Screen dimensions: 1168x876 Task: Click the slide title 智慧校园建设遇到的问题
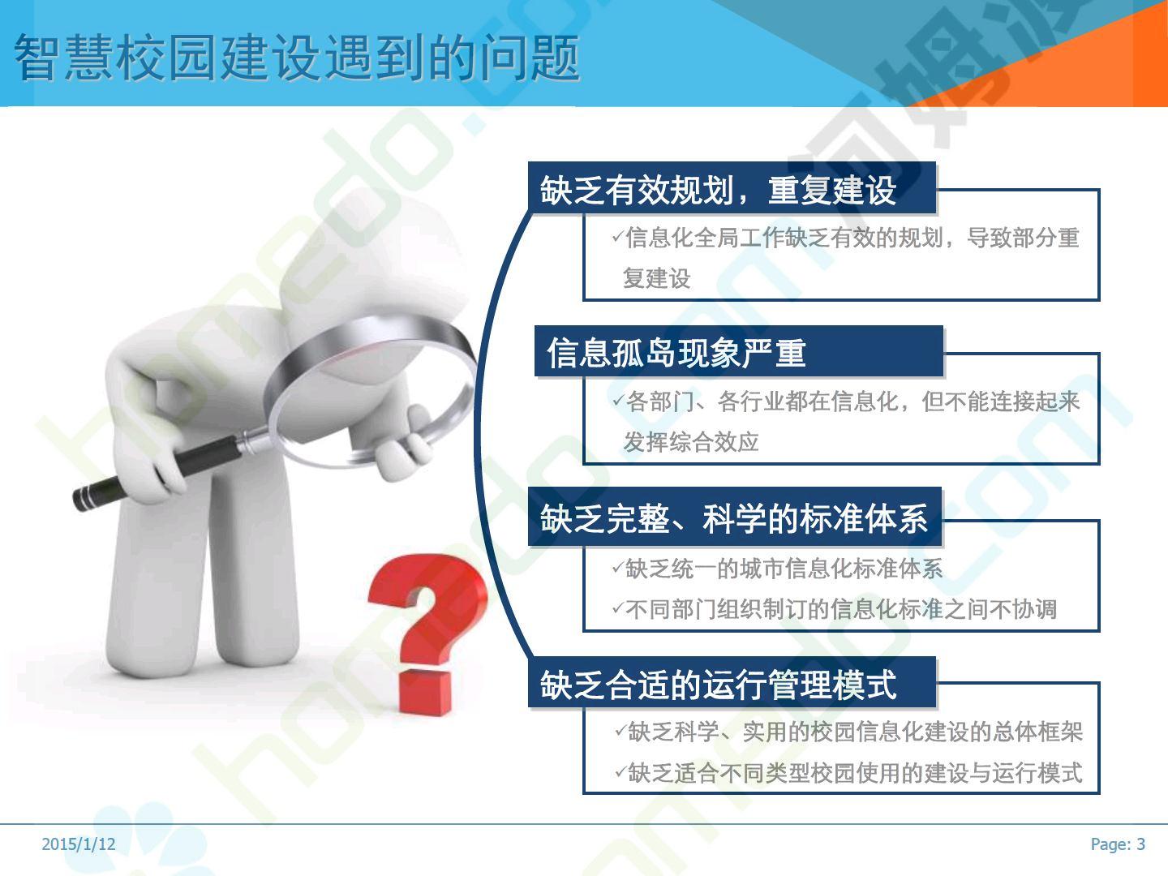pyautogui.click(x=297, y=58)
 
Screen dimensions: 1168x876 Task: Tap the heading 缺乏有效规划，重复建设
pyautogui.click(x=719, y=191)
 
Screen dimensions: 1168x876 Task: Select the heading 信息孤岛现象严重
pyautogui.click(x=676, y=353)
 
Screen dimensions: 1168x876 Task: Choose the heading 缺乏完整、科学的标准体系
pyautogui.click(x=734, y=518)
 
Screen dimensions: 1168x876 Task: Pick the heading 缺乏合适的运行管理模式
pyautogui.click(x=719, y=685)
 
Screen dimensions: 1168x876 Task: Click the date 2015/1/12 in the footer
pyautogui.click(x=79, y=844)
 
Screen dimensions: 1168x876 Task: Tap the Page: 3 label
pyautogui.click(x=1118, y=844)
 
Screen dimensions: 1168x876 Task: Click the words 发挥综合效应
pyautogui.click(x=691, y=442)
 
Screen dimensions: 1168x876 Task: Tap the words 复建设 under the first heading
pyautogui.click(x=657, y=278)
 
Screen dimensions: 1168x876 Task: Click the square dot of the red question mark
pyautogui.click(x=425, y=693)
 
